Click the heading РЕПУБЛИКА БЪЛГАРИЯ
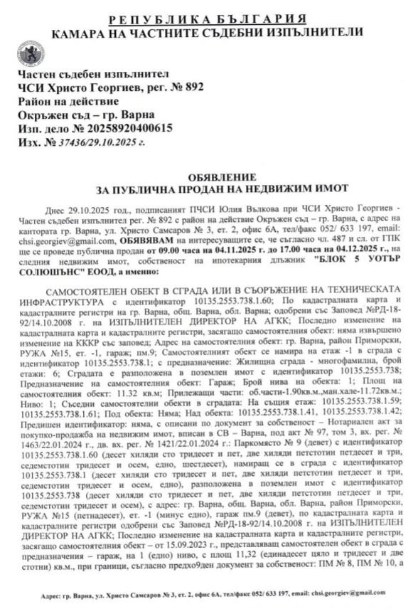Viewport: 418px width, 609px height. (208, 18)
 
